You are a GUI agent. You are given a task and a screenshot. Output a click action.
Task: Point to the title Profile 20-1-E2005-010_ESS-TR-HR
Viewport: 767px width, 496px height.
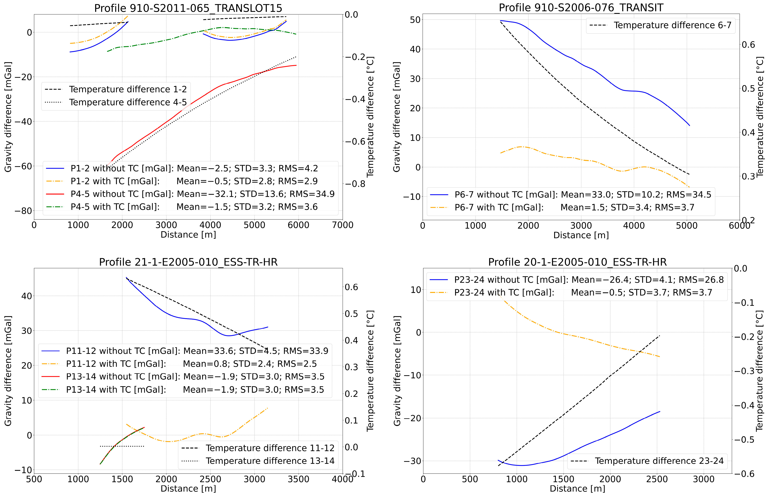[x=577, y=262]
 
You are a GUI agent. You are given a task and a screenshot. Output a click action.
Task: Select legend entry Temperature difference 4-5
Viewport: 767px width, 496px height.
[x=127, y=102]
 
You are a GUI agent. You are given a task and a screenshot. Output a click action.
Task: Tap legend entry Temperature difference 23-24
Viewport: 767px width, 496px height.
[x=659, y=461]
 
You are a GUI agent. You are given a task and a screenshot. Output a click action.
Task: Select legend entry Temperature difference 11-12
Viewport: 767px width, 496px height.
[x=270, y=448]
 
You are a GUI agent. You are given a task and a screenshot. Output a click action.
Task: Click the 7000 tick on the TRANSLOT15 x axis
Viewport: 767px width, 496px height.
[x=342, y=225]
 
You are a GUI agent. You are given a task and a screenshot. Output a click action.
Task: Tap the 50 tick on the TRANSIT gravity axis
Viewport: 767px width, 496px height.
[x=415, y=20]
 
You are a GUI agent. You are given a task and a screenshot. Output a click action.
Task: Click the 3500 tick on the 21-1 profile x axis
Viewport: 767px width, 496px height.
[x=298, y=479]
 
